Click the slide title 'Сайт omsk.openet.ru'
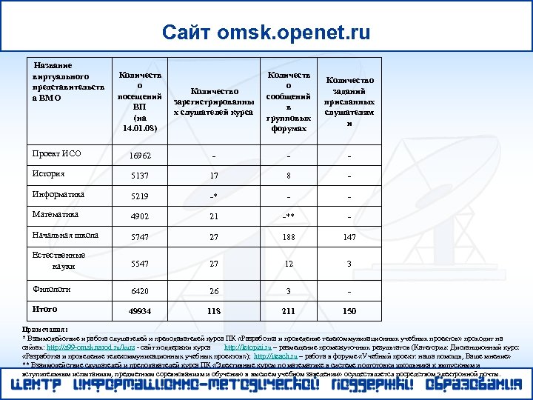(x=266, y=32)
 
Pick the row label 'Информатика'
(x=58, y=194)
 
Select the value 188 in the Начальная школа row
(x=289, y=238)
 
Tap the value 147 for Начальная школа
(x=349, y=238)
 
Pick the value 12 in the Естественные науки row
(x=289, y=264)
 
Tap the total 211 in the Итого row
(x=289, y=311)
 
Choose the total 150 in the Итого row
(x=349, y=311)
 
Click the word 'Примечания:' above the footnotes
(x=46, y=328)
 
